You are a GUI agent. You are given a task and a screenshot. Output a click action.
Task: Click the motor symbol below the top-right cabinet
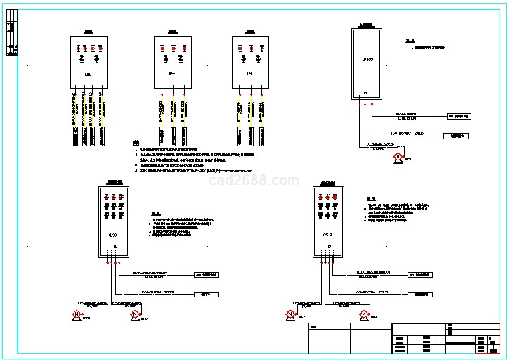coord(397,156)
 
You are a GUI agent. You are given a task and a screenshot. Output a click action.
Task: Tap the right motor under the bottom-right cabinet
coord(364,314)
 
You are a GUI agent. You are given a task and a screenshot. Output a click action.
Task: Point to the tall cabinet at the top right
coord(365,65)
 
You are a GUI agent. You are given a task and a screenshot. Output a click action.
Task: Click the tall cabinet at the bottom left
coord(112,219)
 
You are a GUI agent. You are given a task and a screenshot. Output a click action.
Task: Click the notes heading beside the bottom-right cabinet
coord(370,198)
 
